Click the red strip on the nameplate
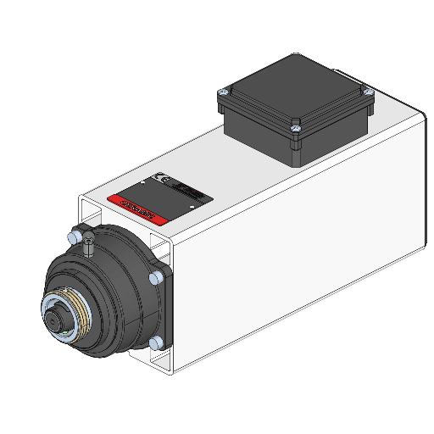[136, 204]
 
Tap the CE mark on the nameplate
[160, 180]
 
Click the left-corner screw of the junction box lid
[224, 90]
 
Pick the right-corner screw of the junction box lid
[366, 92]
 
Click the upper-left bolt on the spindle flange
[78, 231]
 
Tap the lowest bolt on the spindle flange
[155, 342]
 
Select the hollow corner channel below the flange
[161, 362]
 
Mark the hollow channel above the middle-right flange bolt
[161, 249]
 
